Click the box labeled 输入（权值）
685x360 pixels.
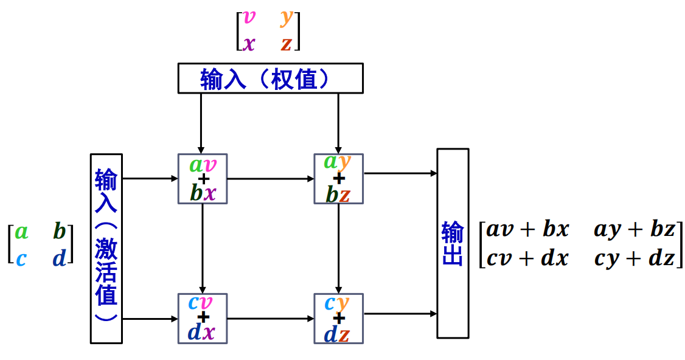[x=270, y=78]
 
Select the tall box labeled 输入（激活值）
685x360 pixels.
[x=106, y=248]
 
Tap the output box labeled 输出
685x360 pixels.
[x=453, y=243]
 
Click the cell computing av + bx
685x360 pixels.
[x=203, y=178]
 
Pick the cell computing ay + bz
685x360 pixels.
[x=338, y=178]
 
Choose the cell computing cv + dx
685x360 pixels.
[x=203, y=318]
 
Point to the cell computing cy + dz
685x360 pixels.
[x=338, y=318]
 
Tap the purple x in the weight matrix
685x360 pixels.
[x=249, y=43]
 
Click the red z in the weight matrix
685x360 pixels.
[x=286, y=43]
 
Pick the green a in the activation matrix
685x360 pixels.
[x=22, y=231]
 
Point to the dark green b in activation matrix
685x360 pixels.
[x=59, y=231]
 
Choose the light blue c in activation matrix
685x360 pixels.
[x=21, y=258]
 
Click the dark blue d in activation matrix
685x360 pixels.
[x=59, y=258]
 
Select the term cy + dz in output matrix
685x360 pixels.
[x=635, y=258]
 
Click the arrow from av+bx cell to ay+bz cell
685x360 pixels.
[x=271, y=179]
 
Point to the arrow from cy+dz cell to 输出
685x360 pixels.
[x=400, y=314]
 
